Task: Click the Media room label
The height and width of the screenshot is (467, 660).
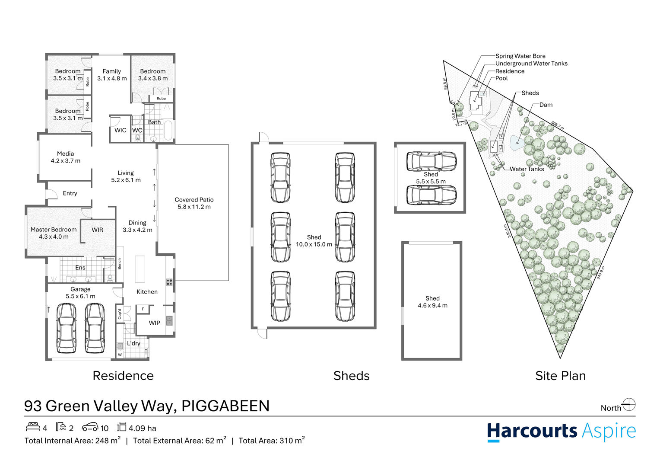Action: click(66, 154)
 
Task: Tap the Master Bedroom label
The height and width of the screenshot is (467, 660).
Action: click(54, 230)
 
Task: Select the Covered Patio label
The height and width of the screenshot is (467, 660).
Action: click(194, 200)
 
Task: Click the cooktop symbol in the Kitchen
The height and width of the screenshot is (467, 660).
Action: click(169, 282)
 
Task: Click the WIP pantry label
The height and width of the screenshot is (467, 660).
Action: click(154, 323)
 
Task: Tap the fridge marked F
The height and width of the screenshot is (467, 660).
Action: click(143, 309)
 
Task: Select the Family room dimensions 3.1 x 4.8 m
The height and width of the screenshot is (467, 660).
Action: click(112, 79)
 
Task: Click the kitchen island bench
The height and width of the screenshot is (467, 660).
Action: click(140, 269)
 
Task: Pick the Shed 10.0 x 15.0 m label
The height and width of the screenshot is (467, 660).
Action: click(314, 241)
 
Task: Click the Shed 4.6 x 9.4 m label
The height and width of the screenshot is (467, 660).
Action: click(432, 302)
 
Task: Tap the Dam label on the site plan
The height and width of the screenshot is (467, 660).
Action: click(546, 105)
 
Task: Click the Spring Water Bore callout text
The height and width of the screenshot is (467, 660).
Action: click(520, 56)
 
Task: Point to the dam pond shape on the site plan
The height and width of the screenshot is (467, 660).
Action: click(517, 142)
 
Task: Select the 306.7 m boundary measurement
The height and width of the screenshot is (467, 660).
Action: click(558, 125)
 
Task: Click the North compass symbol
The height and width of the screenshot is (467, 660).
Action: click(629, 405)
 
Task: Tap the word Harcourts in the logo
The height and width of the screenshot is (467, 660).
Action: click(532, 431)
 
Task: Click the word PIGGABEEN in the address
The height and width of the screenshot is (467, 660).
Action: click(225, 406)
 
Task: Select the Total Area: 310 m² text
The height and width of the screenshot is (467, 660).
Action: click(272, 441)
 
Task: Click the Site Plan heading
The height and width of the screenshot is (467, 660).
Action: click(560, 376)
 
